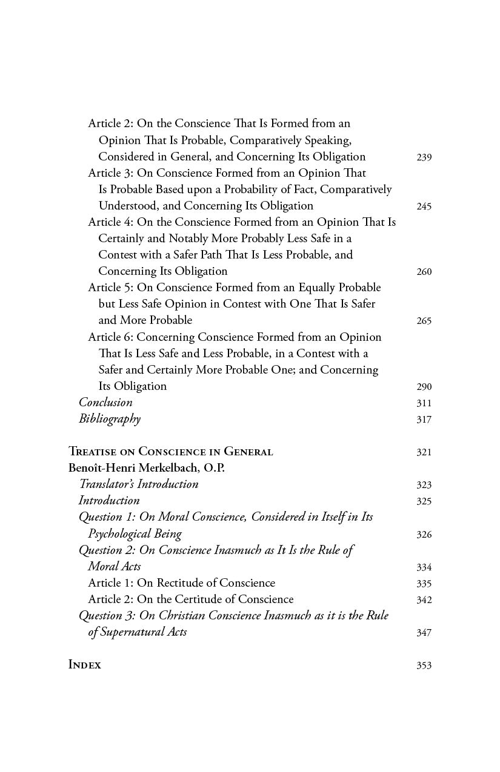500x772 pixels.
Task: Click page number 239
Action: tap(424, 157)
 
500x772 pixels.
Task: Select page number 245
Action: tap(424, 206)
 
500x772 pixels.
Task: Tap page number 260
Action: tap(424, 272)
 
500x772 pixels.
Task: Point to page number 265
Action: tap(424, 321)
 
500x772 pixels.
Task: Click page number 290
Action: tap(424, 387)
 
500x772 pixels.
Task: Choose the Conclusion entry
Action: tap(105, 403)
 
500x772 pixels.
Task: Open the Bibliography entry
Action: tap(109, 419)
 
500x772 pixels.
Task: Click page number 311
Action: tap(424, 403)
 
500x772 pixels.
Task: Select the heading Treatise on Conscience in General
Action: tap(170, 452)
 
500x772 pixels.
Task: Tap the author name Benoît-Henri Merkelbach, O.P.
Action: tap(146, 468)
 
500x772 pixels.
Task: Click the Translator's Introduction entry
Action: tap(138, 484)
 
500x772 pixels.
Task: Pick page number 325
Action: tap(424, 501)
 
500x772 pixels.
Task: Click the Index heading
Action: tap(84, 665)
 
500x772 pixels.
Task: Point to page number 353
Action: tap(424, 665)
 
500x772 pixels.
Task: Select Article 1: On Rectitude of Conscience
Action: tap(181, 583)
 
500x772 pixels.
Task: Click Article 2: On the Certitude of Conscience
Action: tap(190, 599)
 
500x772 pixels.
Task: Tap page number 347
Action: tap(424, 633)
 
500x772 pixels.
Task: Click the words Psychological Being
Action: tap(135, 534)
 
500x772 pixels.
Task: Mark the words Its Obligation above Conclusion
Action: tap(132, 386)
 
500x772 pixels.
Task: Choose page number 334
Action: tap(424, 567)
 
